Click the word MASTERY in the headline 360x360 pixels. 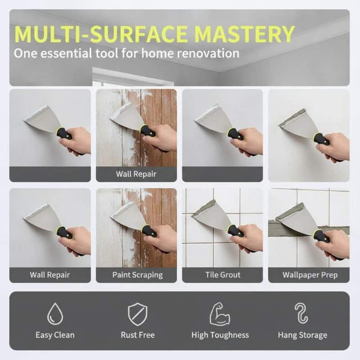pyautogui.click(x=245, y=34)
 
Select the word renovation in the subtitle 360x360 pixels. pyautogui.click(x=208, y=54)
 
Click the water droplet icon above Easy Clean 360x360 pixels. pyautogui.click(x=55, y=314)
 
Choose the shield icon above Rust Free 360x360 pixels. pyautogui.click(x=138, y=314)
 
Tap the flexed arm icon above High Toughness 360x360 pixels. pyautogui.click(x=220, y=314)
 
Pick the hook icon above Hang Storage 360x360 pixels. pyautogui.click(x=301, y=313)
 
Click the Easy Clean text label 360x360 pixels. pyautogui.click(x=55, y=335)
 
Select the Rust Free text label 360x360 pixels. pyautogui.click(x=138, y=335)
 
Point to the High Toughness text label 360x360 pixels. pyautogui.click(x=220, y=335)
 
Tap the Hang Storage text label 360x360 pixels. pyautogui.click(x=302, y=335)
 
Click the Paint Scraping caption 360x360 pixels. pyautogui.click(x=138, y=275)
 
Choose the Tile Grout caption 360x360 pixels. pyautogui.click(x=223, y=274)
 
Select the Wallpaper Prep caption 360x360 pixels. pyautogui.click(x=310, y=275)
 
